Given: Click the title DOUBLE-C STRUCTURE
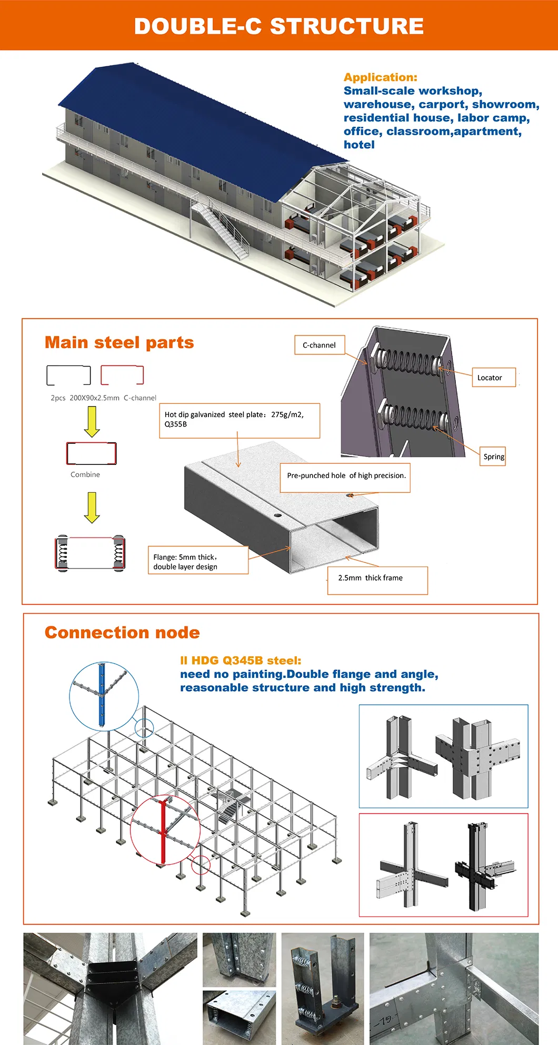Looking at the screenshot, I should (x=278, y=26).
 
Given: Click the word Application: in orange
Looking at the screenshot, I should (x=380, y=77).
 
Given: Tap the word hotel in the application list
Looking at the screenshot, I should (x=359, y=145).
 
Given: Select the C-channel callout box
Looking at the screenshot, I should (x=319, y=345).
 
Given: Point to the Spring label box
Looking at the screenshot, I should (x=494, y=456).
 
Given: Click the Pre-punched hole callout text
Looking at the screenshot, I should (x=345, y=476).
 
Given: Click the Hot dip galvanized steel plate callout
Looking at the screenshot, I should (x=238, y=420).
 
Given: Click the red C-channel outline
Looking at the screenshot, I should (x=122, y=375).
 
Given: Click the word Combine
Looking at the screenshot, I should (x=85, y=474).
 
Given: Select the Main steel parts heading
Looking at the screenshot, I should (x=119, y=342).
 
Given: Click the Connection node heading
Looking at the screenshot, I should (x=122, y=632).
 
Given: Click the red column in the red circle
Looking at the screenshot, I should (x=163, y=830).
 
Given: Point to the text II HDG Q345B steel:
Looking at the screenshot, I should (x=241, y=661).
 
